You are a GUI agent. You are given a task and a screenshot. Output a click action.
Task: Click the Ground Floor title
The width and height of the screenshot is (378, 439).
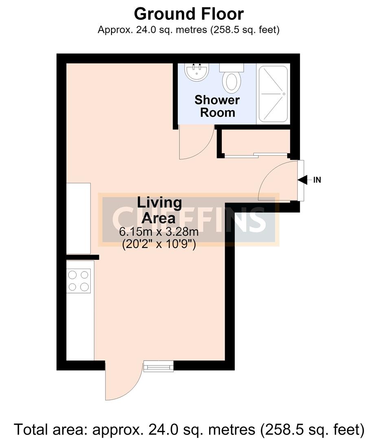coord(189,14)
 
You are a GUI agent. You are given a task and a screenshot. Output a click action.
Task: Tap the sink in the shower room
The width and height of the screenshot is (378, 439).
coord(197,72)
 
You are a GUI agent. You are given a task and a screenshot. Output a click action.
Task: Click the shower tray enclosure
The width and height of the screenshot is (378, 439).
coord(273,94)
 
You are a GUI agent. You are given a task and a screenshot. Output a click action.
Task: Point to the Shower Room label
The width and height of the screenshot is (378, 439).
coord(217,106)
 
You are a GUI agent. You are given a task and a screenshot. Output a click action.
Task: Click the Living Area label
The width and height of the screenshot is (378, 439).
coord(159,210)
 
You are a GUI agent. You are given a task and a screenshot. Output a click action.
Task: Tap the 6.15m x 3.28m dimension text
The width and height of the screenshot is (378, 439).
coord(159,232)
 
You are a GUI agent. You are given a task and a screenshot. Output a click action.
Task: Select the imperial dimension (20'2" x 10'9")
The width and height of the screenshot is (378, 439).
coord(159,244)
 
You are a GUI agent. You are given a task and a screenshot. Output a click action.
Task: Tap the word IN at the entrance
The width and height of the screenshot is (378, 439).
coord(317,180)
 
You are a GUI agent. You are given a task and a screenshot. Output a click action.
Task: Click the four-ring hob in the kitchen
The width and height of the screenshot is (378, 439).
coord(79,281)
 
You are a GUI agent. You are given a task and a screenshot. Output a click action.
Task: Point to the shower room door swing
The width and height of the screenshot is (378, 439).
coord(196,142)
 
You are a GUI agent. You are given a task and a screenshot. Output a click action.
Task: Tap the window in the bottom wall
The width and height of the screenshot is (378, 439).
coord(158,366)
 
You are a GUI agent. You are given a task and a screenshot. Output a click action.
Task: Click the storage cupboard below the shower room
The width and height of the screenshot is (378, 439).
coord(256,141)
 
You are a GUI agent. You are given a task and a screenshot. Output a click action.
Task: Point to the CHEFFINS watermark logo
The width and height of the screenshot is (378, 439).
coord(188,220)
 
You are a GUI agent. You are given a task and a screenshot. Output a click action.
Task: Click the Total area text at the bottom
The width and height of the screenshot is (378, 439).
coord(189,429)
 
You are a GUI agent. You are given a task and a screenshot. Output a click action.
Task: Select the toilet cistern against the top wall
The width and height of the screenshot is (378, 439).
coord(232,67)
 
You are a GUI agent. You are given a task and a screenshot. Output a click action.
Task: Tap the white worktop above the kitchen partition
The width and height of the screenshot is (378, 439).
coord(79,218)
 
